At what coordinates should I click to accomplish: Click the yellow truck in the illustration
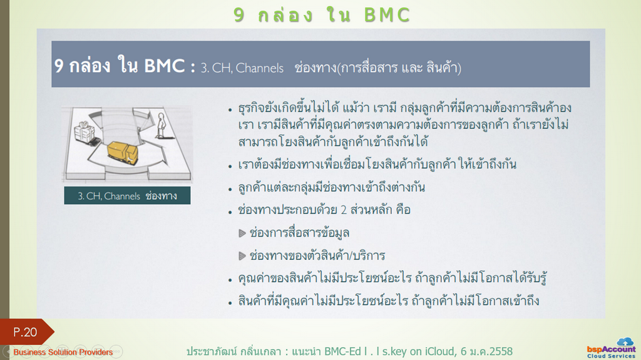point(122,152)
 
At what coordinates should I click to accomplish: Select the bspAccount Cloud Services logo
point(611,349)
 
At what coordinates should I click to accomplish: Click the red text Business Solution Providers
point(63,352)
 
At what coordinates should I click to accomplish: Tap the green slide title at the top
point(321,15)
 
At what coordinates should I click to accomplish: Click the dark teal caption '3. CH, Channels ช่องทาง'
point(127,195)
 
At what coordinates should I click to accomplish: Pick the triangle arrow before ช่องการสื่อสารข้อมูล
point(242,233)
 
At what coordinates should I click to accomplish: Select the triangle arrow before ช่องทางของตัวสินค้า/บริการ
point(242,256)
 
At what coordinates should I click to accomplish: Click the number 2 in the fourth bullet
point(344,210)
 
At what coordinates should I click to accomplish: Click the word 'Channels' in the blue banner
point(260,68)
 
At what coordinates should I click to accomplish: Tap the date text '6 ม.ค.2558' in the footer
point(486,351)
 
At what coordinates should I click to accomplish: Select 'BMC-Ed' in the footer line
point(342,351)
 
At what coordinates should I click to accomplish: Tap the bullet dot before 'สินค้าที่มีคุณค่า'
point(230,303)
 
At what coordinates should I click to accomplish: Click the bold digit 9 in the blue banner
point(59,66)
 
